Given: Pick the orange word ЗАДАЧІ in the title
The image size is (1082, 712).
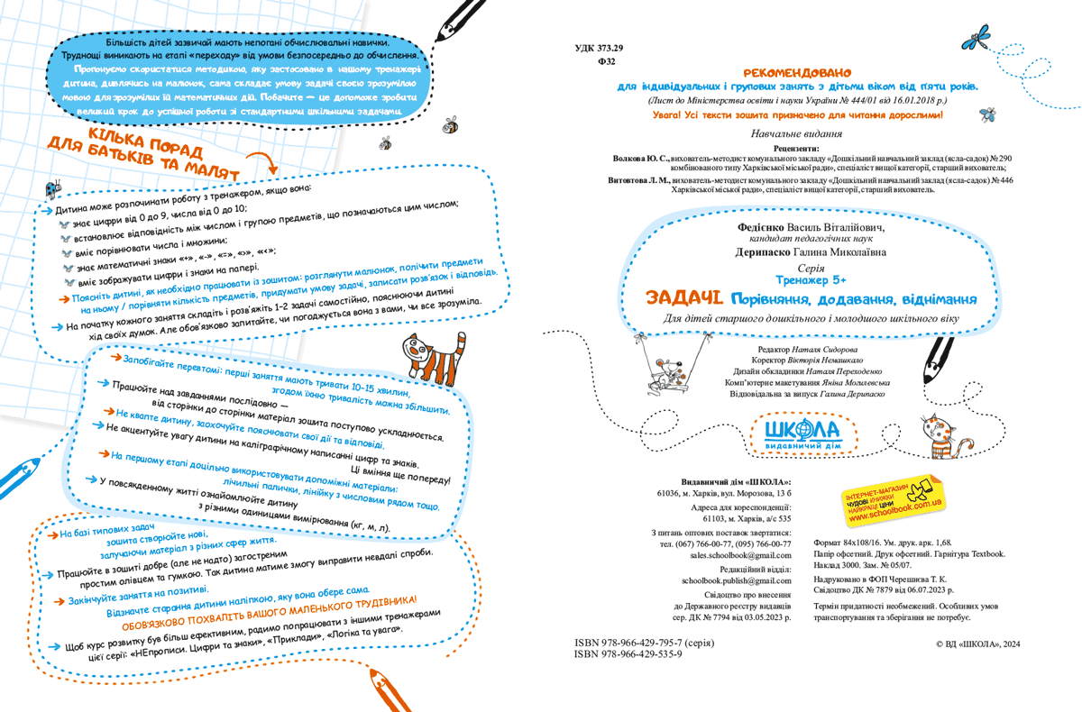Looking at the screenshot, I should tap(683, 298).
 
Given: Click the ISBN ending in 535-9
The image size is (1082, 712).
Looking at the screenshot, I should tap(628, 655).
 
